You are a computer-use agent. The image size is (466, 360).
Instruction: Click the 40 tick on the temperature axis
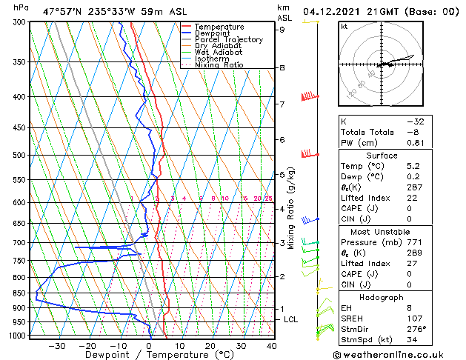(271, 345)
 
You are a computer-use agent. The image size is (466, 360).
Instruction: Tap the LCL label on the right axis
(291, 319)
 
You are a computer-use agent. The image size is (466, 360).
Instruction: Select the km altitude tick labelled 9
(282, 30)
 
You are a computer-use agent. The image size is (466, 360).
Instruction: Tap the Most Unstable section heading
(382, 232)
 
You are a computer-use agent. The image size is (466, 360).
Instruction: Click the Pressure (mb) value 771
(416, 242)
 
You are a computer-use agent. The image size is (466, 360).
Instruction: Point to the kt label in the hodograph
(344, 27)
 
